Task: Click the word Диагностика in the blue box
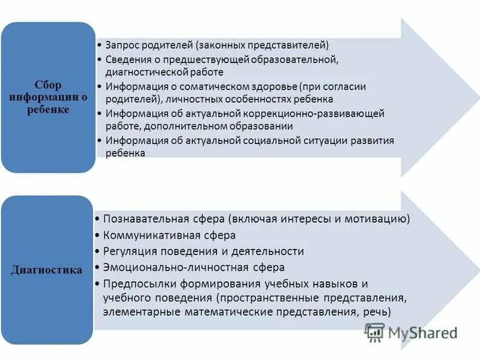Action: pos(47,270)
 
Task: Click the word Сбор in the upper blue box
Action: pos(47,85)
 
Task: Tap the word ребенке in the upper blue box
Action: pos(47,110)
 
